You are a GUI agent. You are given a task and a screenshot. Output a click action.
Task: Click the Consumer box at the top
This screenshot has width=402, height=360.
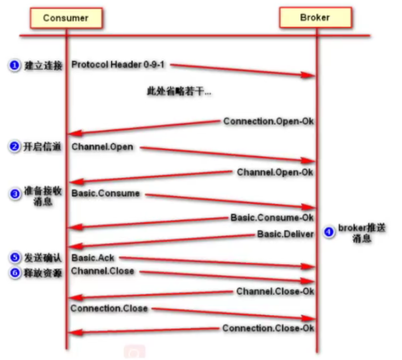tap(66, 18)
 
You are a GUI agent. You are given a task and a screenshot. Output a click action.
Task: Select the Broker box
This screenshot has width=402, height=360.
tap(315, 18)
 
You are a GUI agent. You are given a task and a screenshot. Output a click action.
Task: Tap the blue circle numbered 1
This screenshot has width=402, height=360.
tap(14, 66)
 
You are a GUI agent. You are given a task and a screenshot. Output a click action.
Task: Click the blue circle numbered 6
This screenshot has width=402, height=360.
tap(14, 273)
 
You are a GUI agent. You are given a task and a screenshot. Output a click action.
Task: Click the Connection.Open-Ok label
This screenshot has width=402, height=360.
tap(268, 121)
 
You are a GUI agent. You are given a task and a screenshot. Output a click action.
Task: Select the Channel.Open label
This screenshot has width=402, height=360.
tap(102, 147)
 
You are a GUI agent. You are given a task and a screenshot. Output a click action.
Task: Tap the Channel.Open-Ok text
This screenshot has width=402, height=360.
tap(275, 172)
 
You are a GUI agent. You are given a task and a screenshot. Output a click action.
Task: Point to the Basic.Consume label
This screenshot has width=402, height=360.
tap(106, 193)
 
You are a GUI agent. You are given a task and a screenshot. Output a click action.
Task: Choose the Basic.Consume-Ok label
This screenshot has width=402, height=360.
tap(272, 217)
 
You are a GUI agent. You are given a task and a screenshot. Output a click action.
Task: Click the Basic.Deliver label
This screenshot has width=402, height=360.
tap(285, 234)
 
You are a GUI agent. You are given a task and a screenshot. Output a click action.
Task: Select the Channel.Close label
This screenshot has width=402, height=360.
tap(103, 271)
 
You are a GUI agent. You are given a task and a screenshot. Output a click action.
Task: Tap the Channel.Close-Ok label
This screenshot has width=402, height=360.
tap(275, 291)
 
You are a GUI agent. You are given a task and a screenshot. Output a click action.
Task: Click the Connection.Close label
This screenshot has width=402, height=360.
tap(109, 308)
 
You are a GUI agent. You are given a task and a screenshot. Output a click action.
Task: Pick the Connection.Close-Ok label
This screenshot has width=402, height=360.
tap(268, 328)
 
